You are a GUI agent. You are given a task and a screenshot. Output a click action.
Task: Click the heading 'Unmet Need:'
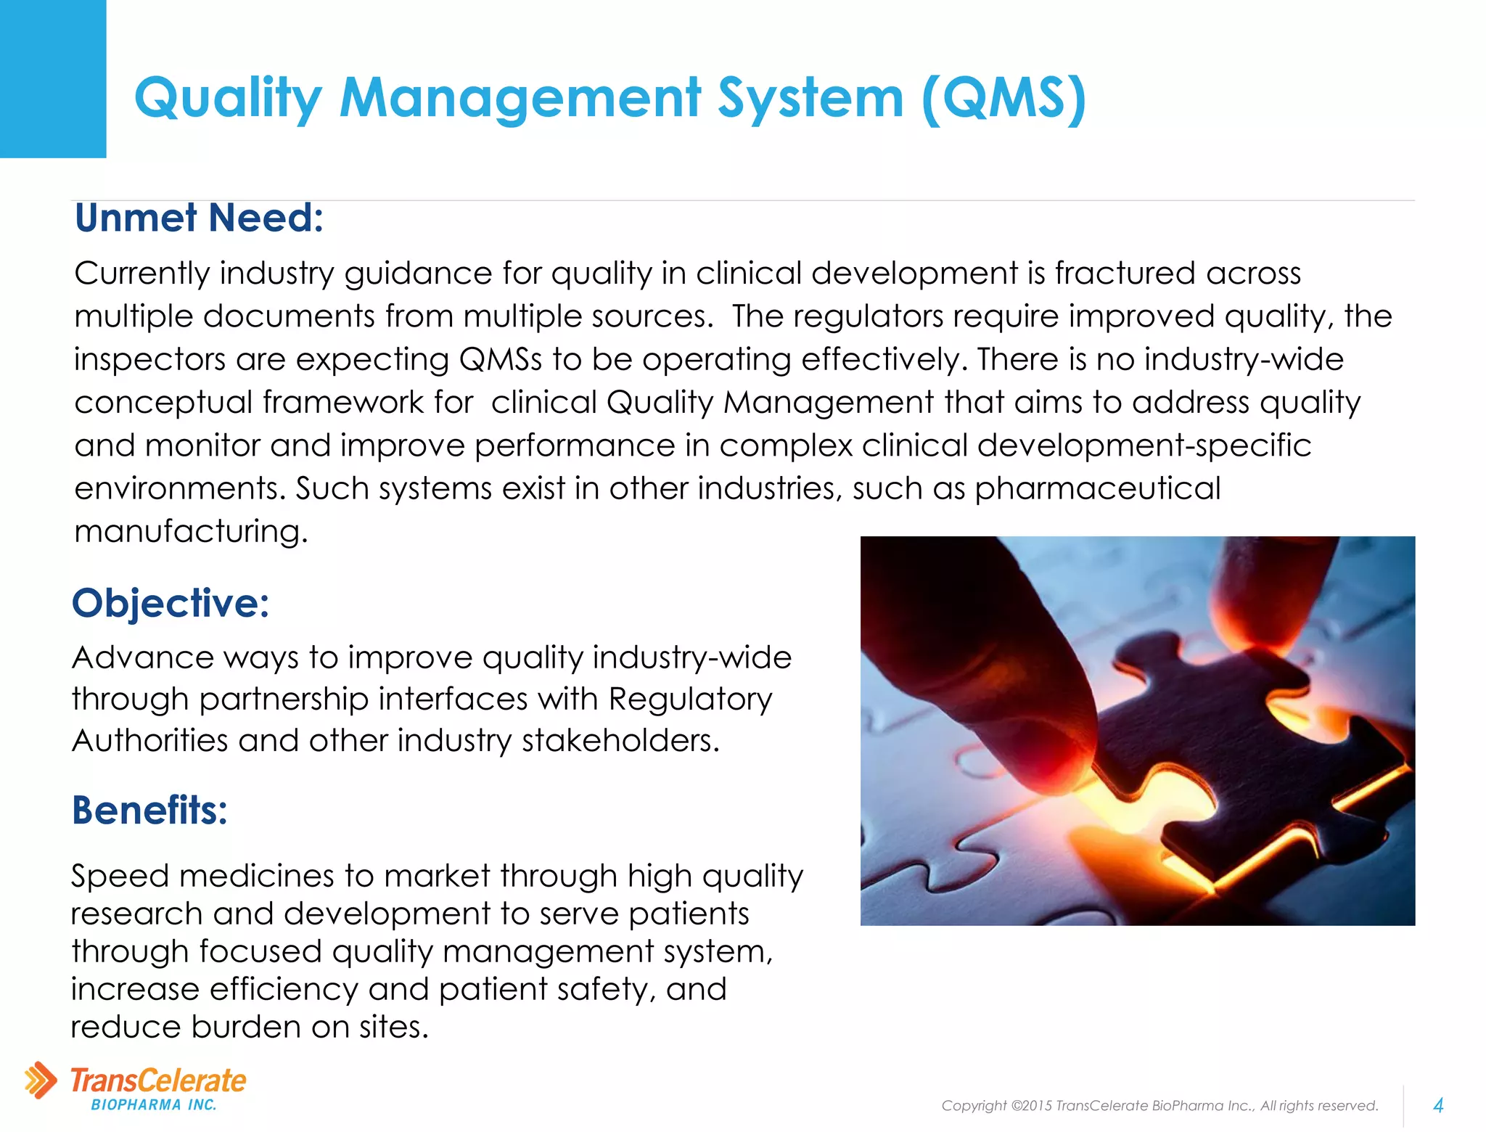(x=199, y=218)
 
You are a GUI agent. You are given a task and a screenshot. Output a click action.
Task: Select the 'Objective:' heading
(x=171, y=603)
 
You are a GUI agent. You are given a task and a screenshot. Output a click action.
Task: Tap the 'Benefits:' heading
(x=149, y=810)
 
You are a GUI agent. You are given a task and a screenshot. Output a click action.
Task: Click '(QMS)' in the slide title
(x=1004, y=98)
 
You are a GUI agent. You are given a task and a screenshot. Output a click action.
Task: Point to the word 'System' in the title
(x=810, y=98)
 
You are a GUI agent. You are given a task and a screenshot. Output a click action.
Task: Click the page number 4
(x=1438, y=1105)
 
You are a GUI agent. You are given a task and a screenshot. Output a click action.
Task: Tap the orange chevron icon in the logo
(x=40, y=1080)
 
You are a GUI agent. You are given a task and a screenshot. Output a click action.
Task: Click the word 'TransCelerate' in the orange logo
(x=158, y=1080)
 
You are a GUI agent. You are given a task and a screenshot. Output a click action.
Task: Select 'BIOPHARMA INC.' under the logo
(x=154, y=1105)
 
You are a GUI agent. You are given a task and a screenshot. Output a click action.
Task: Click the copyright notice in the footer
(x=1159, y=1105)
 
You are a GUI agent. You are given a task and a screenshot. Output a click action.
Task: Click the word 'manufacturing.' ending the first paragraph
(x=192, y=531)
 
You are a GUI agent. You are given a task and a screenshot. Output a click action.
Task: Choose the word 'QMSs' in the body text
(x=501, y=359)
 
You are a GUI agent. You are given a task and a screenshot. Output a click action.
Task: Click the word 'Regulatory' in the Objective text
(x=690, y=700)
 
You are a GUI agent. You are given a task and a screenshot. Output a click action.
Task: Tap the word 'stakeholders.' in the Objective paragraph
(x=621, y=741)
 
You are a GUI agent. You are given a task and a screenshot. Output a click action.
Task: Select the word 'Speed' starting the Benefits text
(x=119, y=876)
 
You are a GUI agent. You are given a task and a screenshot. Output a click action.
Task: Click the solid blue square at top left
(x=53, y=78)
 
